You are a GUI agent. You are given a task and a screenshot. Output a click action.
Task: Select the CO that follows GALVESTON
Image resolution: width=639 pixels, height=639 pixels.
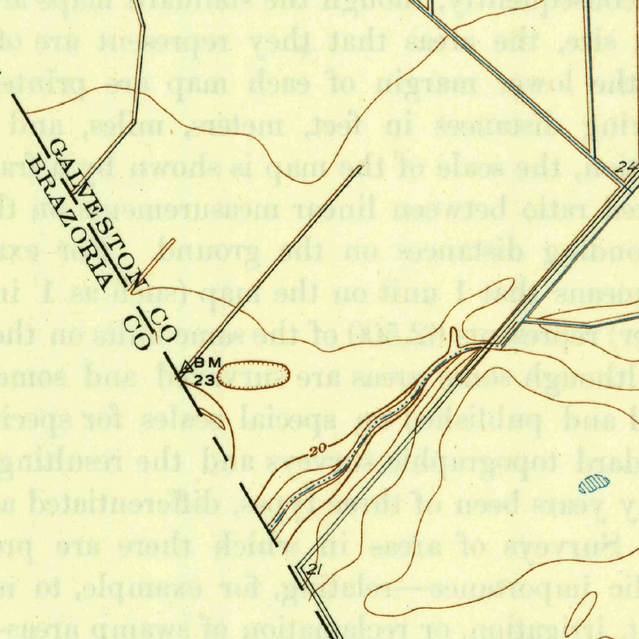pyautogui.click(x=163, y=316)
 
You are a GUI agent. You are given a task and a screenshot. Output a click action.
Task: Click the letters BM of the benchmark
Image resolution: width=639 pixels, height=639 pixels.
pyautogui.click(x=208, y=363)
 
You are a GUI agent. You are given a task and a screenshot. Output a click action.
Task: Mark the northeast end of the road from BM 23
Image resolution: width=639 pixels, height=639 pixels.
pyautogui.click(x=359, y=167)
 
